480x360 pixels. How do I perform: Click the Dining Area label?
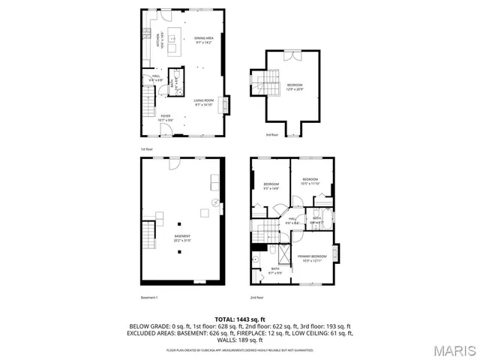[204, 40]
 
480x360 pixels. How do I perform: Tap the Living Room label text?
[204, 103]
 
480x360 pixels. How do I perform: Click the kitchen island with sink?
[172, 43]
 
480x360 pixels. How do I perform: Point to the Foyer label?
[165, 117]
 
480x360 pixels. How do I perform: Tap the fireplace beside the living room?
[229, 103]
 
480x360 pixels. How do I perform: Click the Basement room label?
[182, 239]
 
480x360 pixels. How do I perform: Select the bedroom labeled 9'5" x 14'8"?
[271, 186]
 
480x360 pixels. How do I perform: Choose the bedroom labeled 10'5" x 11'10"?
[310, 181]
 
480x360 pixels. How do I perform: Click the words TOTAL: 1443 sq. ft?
[240, 319]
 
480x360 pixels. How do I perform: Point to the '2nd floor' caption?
[257, 298]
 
